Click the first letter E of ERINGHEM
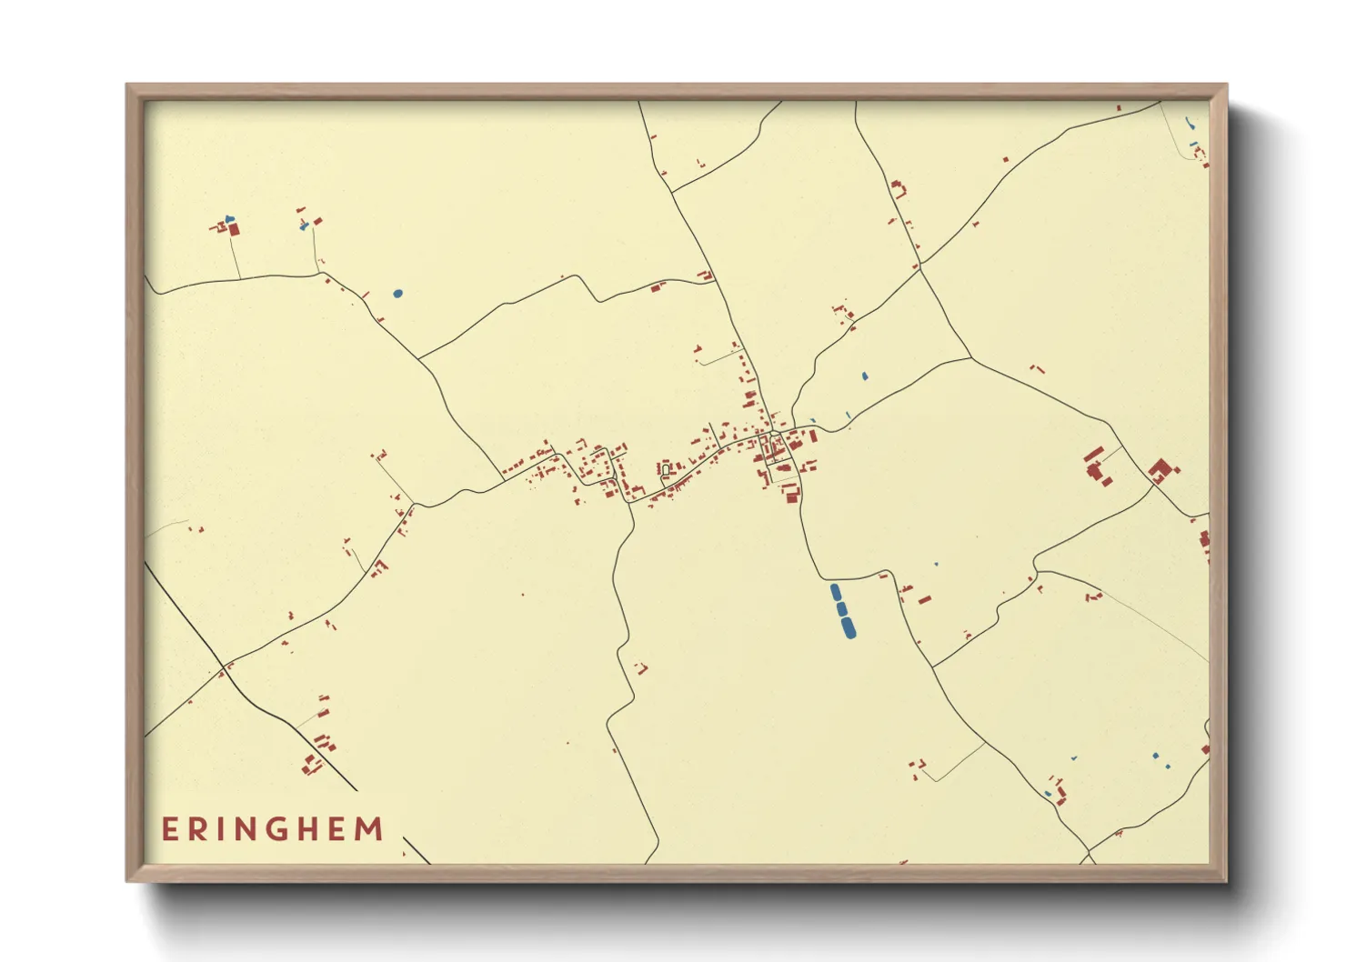tap(169, 829)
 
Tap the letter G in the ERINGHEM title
tap(278, 829)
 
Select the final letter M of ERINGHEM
tap(369, 829)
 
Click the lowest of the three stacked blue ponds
tap(849, 627)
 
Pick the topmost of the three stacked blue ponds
tap(835, 593)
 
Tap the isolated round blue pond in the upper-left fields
tap(397, 293)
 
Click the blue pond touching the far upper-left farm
tap(229, 219)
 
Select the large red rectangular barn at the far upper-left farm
tap(234, 229)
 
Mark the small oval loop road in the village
tap(666, 469)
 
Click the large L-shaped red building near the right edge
tap(1160, 470)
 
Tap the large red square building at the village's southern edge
tap(790, 493)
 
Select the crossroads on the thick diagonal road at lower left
tap(223, 670)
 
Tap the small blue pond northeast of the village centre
tap(864, 376)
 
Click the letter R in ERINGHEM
tap(196, 829)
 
